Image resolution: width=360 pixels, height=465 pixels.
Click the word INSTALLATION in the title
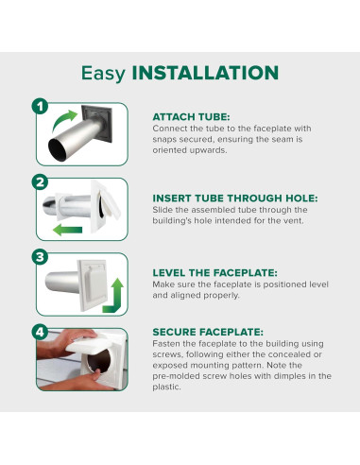point(205,73)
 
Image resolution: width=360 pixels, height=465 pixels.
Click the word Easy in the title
point(103,74)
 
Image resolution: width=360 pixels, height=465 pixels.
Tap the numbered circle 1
point(40,107)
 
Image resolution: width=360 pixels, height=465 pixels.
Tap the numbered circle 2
point(40,182)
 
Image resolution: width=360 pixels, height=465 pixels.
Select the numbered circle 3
point(40,257)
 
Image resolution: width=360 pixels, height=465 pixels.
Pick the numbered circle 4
point(40,332)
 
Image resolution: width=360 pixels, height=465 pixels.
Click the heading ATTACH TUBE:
point(191,117)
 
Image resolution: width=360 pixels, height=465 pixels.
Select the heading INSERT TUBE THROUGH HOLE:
point(235,198)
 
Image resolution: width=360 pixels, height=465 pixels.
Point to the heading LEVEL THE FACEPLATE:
point(214,273)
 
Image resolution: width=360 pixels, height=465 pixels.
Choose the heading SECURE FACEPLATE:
point(208,332)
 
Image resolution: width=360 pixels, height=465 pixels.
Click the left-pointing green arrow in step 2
point(67,230)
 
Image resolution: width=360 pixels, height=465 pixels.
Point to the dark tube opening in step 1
point(57,150)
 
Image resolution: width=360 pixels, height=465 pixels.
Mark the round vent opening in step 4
point(98,361)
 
